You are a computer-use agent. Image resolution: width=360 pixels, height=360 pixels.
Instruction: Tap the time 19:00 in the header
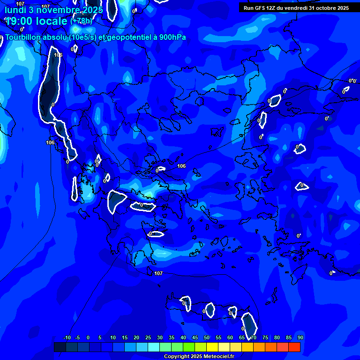point(21,21)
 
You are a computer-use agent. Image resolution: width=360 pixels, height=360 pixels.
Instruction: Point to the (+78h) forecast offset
point(82,21)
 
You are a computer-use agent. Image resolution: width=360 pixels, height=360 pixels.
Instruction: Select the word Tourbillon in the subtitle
point(22,37)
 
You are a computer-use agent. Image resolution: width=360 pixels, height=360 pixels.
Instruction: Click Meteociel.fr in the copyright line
point(216,357)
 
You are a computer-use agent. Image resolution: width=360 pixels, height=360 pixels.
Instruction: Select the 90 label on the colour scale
point(300,337)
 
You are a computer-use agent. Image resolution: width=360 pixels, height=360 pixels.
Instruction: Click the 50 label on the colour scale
point(207,337)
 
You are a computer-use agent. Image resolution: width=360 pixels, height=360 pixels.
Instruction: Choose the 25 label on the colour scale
point(148,337)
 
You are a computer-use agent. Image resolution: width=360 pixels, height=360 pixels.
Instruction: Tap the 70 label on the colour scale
point(254,337)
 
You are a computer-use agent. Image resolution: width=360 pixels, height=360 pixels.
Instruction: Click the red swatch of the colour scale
point(294,347)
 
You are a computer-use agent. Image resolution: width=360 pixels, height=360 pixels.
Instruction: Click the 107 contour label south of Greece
point(158,273)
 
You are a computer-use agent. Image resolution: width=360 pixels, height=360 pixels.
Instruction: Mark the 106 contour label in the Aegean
point(182,166)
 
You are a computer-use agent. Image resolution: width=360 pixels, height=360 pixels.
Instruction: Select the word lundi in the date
point(15,9)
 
